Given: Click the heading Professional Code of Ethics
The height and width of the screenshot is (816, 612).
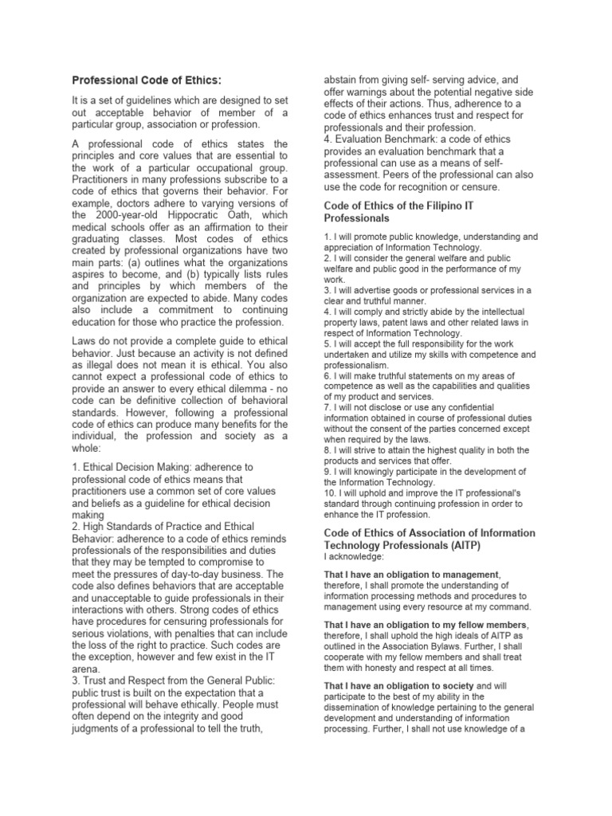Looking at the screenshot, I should pos(147,80).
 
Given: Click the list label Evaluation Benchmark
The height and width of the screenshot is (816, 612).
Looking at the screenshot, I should pos(386,138).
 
